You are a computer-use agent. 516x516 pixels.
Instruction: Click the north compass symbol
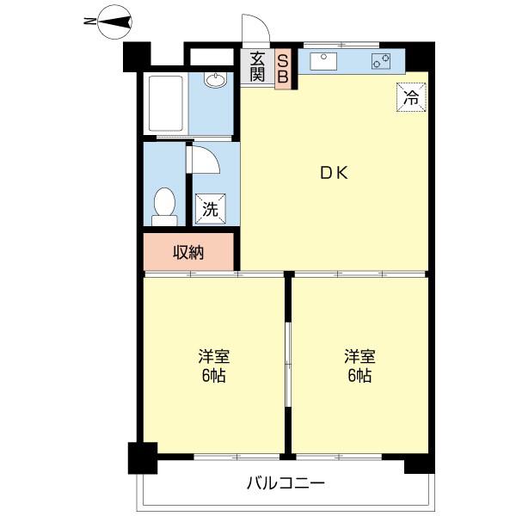coord(115,22)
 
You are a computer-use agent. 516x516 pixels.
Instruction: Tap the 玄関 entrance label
coord(257,67)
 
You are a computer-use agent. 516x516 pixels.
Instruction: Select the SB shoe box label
coord(283,68)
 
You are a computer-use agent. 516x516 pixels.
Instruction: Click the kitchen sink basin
coord(323,61)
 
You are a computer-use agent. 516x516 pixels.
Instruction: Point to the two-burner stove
coord(381,61)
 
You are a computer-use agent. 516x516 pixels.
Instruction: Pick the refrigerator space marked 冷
coord(411,97)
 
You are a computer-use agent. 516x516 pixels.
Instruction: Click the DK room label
coord(334,173)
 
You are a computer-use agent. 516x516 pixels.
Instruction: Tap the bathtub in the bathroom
coord(165,103)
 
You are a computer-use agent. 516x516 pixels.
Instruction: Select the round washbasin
coord(215,80)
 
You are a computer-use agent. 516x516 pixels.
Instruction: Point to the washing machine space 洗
coord(211,209)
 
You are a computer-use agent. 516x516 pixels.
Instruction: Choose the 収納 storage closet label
coord(188,252)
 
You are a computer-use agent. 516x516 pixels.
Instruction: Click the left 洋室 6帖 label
coord(213,365)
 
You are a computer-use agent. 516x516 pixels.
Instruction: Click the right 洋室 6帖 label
coord(359,365)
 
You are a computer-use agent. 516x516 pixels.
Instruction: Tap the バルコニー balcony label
coord(286,483)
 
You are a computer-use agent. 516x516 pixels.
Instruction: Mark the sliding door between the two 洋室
coord(288,365)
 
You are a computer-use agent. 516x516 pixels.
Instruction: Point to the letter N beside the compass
coord(89,21)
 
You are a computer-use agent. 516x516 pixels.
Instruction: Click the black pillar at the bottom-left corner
coord(143,458)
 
